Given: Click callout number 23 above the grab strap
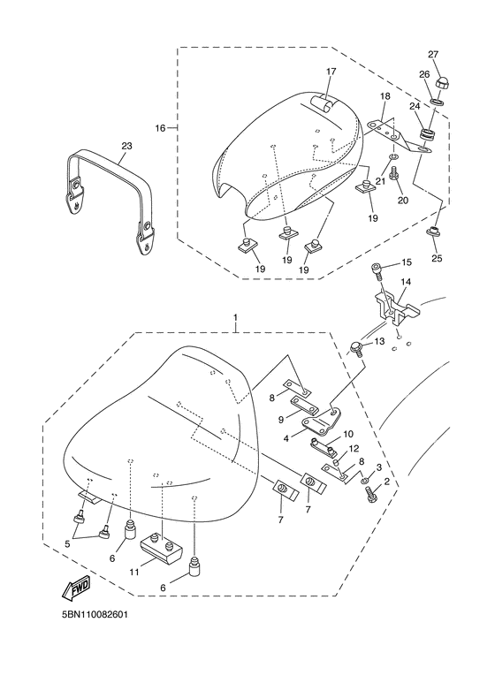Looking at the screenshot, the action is [126, 146].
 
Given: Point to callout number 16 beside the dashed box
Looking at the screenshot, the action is [160, 127].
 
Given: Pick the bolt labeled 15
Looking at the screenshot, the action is [377, 270].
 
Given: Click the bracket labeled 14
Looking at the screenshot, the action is [394, 308].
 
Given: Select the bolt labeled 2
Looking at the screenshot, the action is [370, 496].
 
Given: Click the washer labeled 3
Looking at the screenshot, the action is [364, 481].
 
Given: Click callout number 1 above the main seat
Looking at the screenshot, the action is [236, 317].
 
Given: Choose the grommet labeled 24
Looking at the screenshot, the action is [428, 133].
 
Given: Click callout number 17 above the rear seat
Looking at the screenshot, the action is [331, 72].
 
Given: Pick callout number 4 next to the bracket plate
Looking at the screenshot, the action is [286, 439].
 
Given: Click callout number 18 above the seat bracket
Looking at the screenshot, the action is [385, 95].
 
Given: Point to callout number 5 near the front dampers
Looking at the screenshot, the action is [67, 543].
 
